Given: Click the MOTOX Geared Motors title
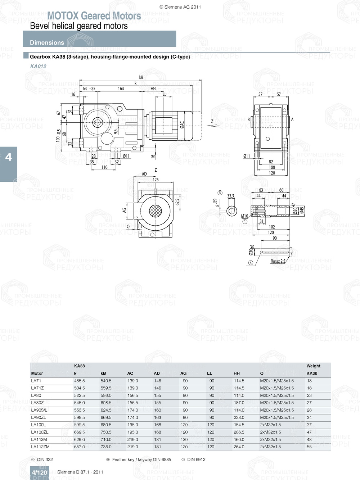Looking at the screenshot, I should [x=94, y=16].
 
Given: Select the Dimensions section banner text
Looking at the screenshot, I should [x=47, y=42].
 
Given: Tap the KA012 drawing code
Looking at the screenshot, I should [x=38, y=66].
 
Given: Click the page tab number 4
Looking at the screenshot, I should [x=8, y=157].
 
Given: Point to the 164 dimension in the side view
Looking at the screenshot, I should [x=121, y=89].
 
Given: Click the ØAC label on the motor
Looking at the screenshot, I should [x=182, y=124].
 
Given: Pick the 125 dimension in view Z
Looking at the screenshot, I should [x=156, y=180].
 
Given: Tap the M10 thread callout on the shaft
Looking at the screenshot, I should [x=244, y=216].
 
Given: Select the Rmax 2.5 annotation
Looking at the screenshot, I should [x=278, y=261].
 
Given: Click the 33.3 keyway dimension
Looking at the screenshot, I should [x=230, y=196].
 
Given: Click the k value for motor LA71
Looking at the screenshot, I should [x=79, y=381].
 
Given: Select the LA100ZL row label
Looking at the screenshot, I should [x=40, y=432].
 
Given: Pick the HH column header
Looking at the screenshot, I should [x=237, y=373].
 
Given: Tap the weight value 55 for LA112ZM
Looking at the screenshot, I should [x=309, y=447].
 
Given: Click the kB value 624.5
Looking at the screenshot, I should [x=106, y=410].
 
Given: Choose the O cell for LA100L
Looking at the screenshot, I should [x=270, y=425].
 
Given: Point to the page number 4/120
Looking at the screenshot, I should [x=39, y=472].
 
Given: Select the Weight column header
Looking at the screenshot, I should [x=313, y=366].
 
